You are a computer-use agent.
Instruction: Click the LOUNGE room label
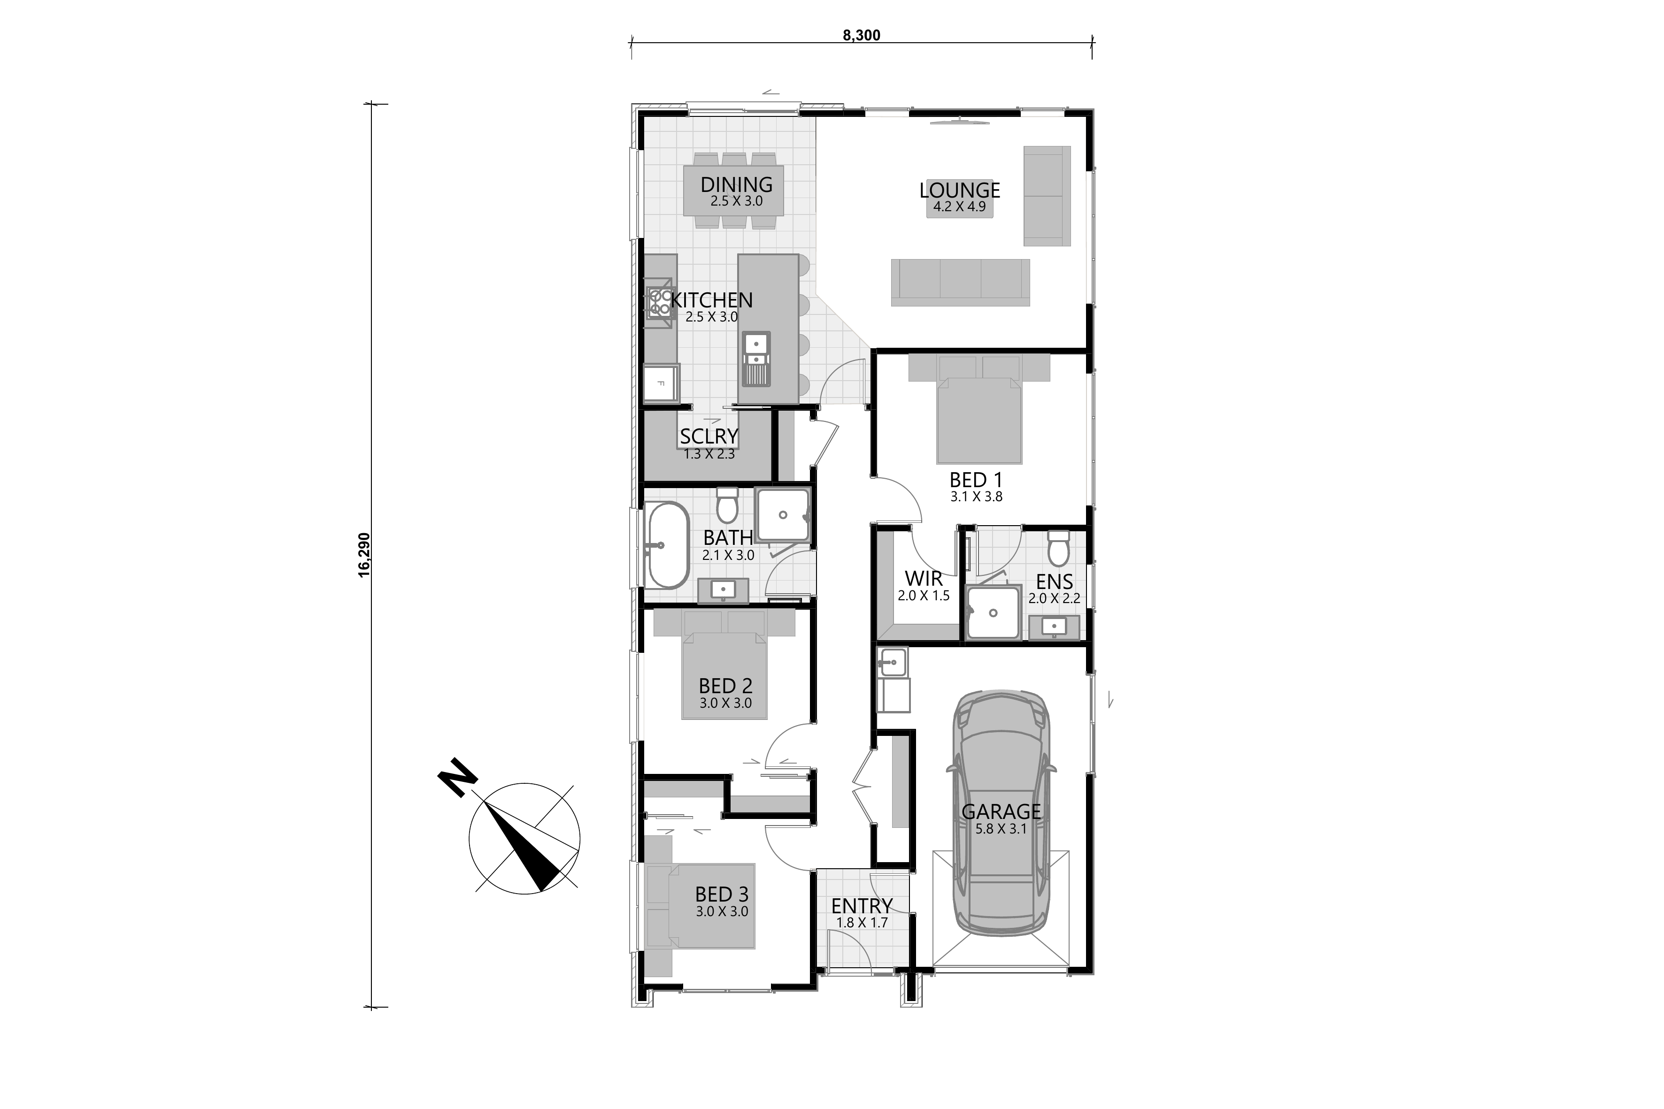click(x=959, y=190)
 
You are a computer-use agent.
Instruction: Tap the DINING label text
click(x=737, y=184)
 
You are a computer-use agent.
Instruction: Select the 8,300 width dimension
click(x=862, y=35)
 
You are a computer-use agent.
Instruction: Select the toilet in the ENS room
click(x=1058, y=549)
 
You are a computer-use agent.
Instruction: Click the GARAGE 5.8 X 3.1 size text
click(x=1001, y=829)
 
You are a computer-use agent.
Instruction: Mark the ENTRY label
click(x=862, y=906)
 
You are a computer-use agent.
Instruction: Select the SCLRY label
click(x=709, y=437)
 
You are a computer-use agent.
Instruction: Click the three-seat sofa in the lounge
click(x=960, y=282)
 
